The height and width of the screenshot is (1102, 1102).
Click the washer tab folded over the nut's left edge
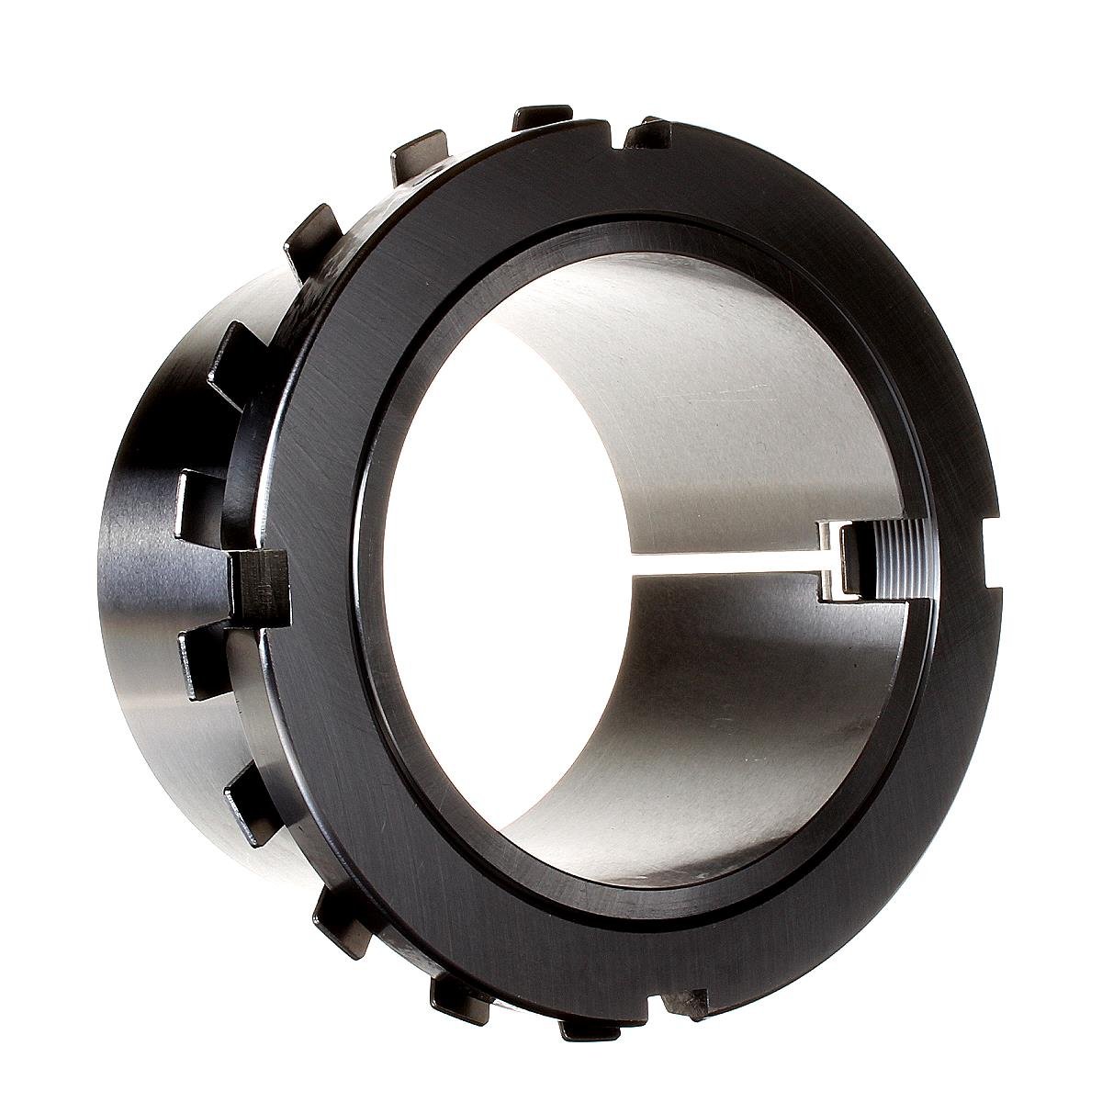[261, 588]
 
